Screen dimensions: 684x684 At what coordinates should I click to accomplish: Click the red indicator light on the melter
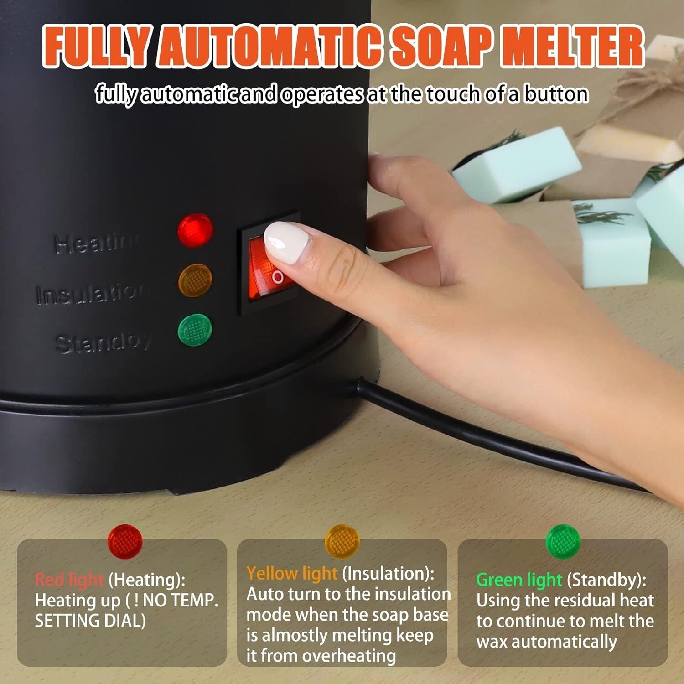(195, 230)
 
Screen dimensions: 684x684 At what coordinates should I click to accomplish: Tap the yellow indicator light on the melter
(195, 280)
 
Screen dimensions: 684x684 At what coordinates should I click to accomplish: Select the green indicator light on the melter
(195, 330)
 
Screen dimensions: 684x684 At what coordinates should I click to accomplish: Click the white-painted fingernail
(286, 242)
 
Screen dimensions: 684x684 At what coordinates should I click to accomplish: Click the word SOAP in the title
(441, 47)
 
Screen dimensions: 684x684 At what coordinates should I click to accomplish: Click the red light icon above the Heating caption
(125, 541)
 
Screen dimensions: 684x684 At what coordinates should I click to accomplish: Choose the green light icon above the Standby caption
(563, 541)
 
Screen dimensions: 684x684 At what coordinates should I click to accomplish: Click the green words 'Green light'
(518, 580)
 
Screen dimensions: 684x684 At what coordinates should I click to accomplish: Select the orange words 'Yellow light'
(292, 573)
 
